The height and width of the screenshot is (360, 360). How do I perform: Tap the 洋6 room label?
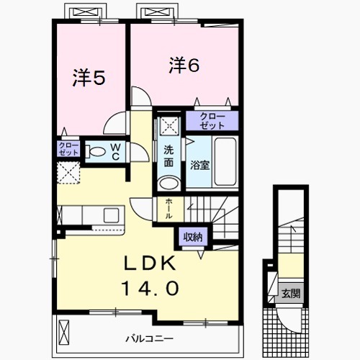tap(184, 64)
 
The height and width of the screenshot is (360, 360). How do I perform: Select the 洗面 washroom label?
tap(168, 156)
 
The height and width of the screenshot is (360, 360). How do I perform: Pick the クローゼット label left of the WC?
tap(68, 149)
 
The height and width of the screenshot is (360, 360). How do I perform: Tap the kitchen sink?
tap(112, 215)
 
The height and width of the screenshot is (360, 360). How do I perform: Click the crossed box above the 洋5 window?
tap(80, 12)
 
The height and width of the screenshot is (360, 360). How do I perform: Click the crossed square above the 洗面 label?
tap(169, 126)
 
